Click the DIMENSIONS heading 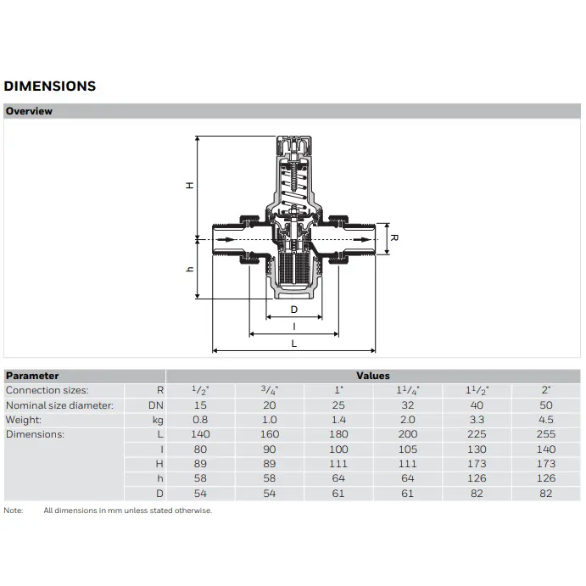click(50, 86)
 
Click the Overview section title click(29, 111)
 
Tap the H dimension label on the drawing click(190, 186)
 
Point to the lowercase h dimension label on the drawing click(190, 269)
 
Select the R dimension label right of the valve click(394, 238)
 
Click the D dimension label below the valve click(294, 310)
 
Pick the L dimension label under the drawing click(294, 343)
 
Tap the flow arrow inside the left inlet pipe click(226, 239)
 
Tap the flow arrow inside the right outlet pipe click(362, 239)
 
